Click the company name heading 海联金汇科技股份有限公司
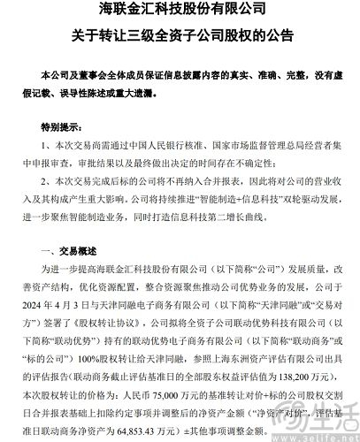pyautogui.click(x=180, y=12)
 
